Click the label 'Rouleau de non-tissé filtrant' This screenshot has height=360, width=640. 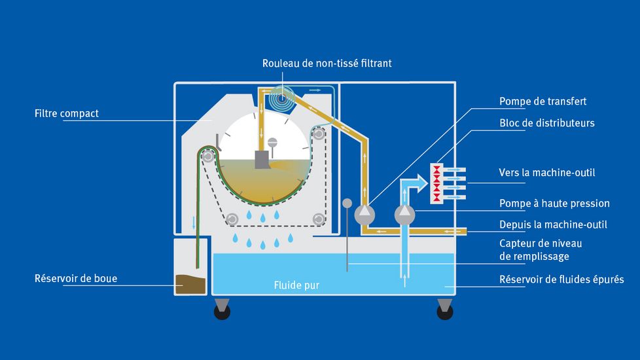[x=327, y=63]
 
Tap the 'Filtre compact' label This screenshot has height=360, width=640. [x=66, y=113]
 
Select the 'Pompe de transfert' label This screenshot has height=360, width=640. [x=542, y=101]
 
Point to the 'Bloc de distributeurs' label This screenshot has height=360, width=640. [x=546, y=122]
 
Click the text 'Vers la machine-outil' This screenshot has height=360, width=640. [x=547, y=173]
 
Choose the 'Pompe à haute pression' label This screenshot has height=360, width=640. [x=554, y=204]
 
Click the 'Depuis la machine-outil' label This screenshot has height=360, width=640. [x=553, y=225]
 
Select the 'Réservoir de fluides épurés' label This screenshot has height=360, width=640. [x=561, y=279]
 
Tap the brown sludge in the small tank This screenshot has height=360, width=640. [x=190, y=284]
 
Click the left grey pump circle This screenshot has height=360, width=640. [x=364, y=213]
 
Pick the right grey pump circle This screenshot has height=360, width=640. [x=406, y=213]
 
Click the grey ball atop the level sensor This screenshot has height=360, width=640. [x=347, y=204]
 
